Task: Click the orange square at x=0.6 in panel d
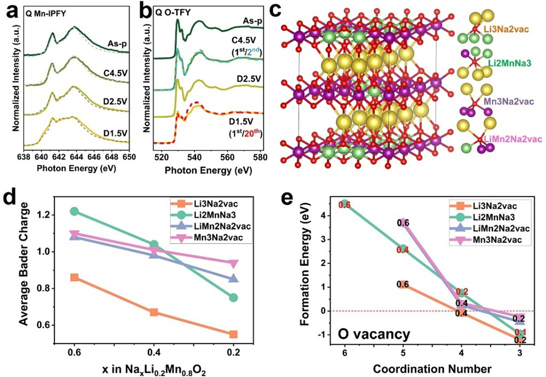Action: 74,278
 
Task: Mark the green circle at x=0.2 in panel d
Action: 233,297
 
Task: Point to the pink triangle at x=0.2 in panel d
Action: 233,264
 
